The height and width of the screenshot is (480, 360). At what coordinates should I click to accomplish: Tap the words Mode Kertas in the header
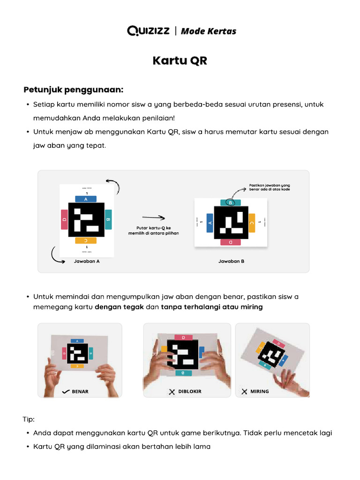(x=208, y=31)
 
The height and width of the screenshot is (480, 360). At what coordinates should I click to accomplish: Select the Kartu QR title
(x=180, y=61)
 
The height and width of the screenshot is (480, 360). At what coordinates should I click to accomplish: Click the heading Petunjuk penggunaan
(x=73, y=89)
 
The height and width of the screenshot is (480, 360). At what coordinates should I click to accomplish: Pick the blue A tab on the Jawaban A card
(x=86, y=199)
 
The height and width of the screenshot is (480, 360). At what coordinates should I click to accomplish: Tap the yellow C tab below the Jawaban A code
(x=86, y=240)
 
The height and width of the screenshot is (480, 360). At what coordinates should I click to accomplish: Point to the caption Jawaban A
(x=87, y=261)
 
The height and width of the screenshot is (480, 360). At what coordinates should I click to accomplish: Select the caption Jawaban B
(x=231, y=261)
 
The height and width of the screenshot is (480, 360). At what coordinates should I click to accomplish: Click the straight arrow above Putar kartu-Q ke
(x=153, y=217)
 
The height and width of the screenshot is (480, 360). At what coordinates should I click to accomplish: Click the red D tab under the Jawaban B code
(x=230, y=242)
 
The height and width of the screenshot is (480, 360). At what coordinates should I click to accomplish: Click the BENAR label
(x=80, y=391)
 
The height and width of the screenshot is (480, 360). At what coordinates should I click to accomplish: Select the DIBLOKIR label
(x=190, y=391)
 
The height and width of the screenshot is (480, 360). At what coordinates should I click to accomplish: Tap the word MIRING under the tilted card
(x=260, y=391)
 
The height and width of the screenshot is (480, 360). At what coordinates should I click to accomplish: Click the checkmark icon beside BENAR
(x=66, y=391)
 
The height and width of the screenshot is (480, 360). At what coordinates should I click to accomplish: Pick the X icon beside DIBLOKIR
(x=172, y=391)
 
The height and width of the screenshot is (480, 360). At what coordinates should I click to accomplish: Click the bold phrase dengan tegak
(x=119, y=307)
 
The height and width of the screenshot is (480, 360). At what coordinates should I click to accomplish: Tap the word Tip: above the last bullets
(x=29, y=419)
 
